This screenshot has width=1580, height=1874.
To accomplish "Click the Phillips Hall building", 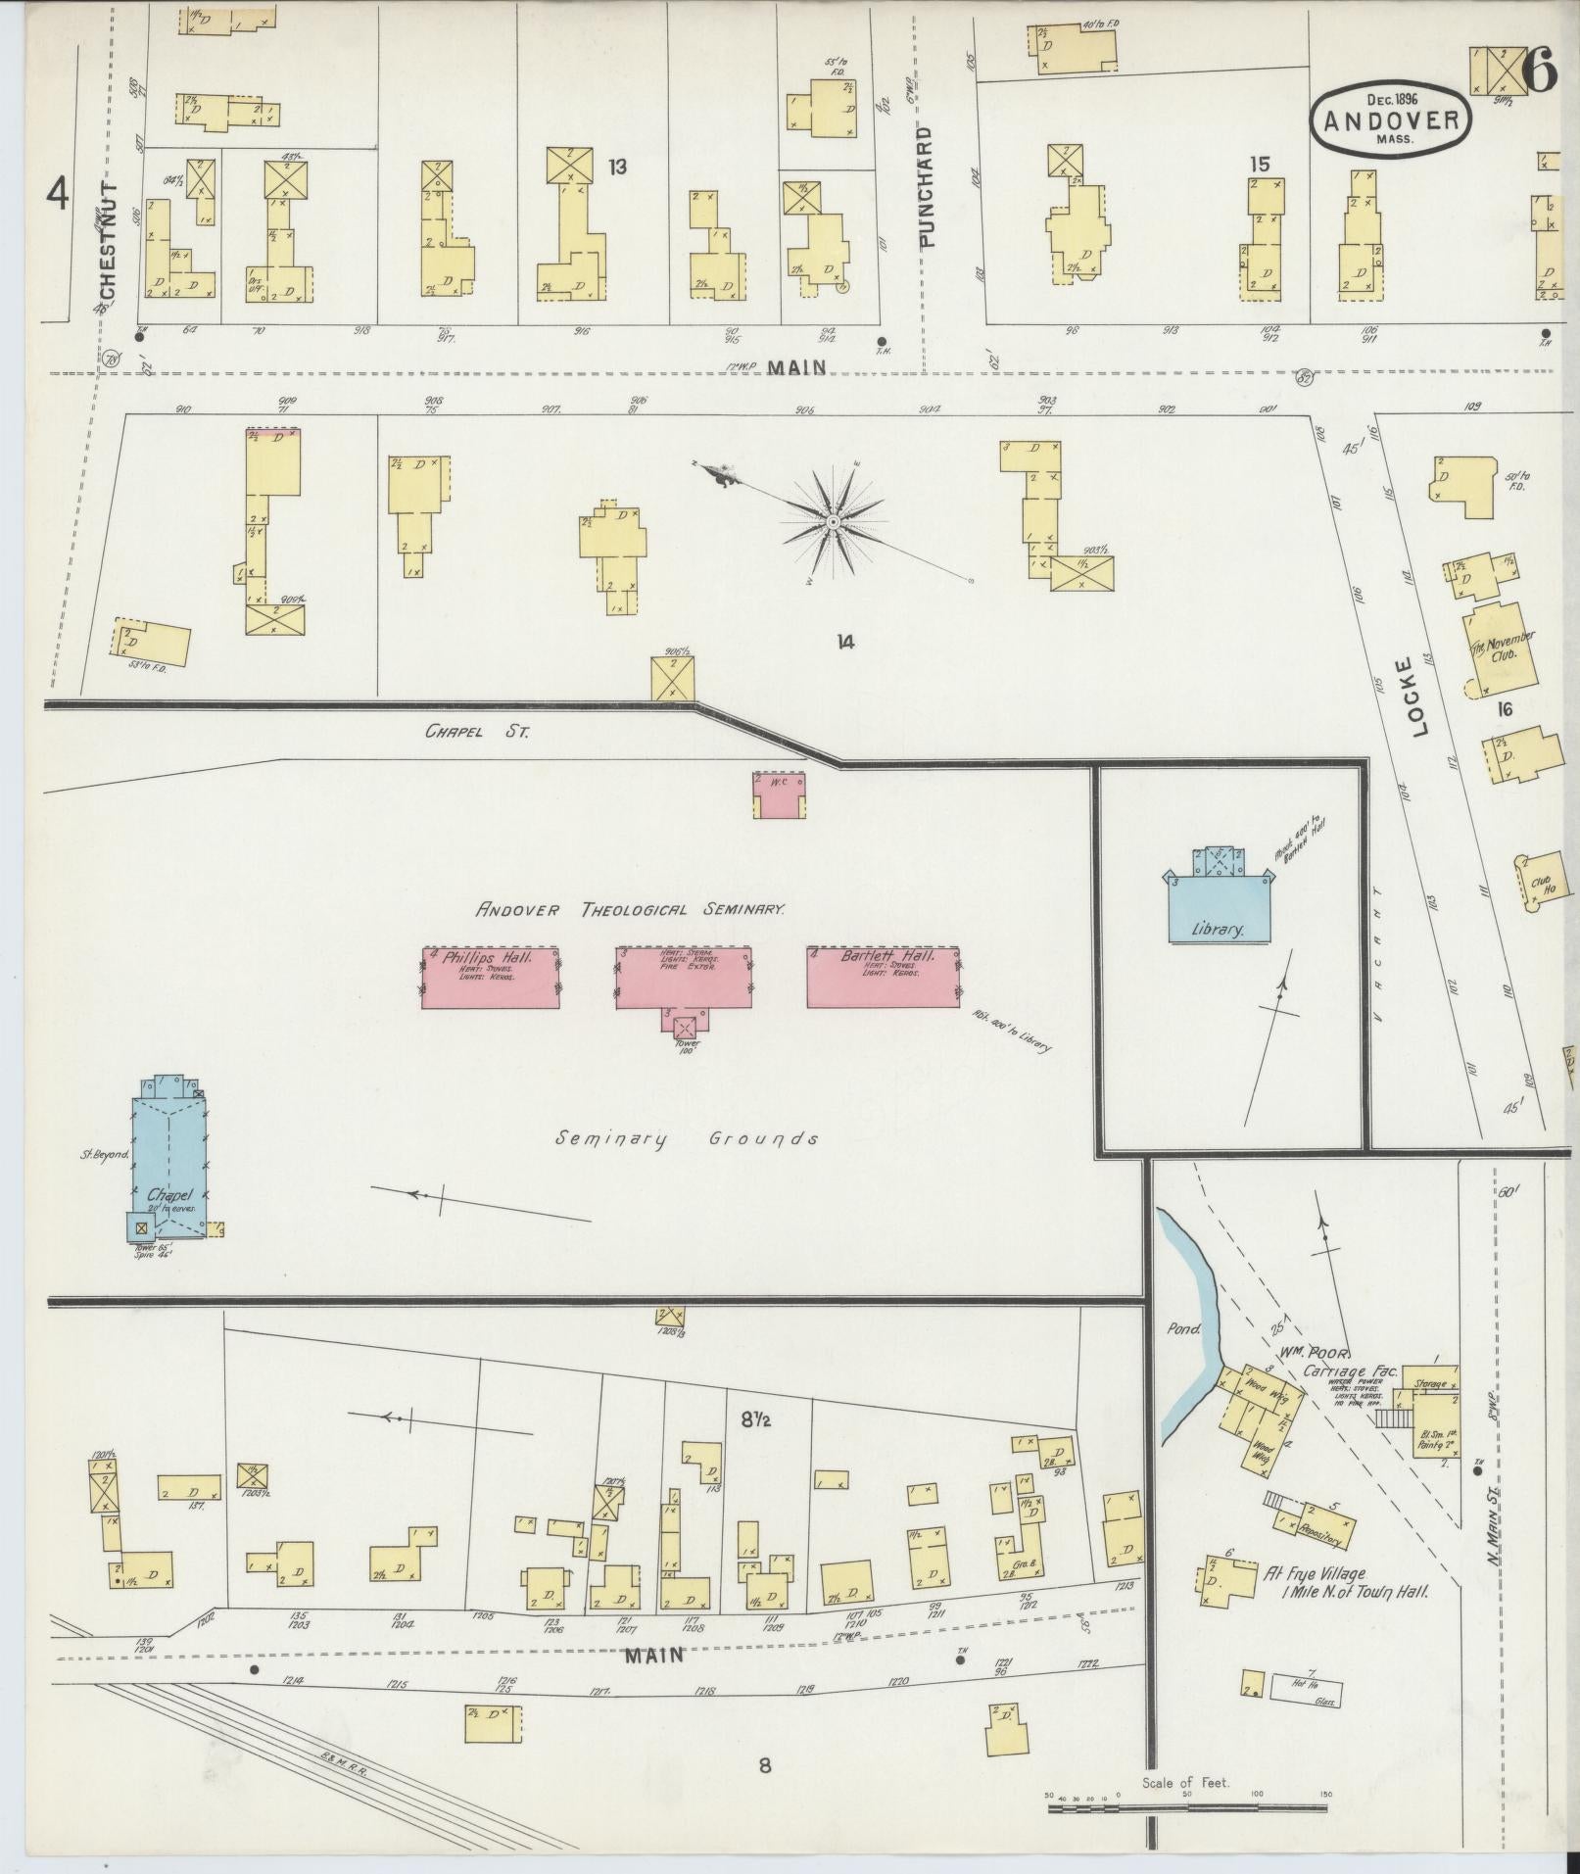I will [x=490, y=978].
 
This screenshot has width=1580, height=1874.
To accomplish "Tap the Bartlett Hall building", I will [x=883, y=978].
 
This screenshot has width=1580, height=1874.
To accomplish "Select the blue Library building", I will [x=1218, y=910].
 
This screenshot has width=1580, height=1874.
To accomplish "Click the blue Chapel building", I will [x=168, y=1162].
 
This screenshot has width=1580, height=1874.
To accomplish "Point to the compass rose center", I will [x=833, y=521].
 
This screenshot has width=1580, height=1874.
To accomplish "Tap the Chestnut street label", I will [x=108, y=240].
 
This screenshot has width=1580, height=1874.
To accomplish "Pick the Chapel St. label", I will [x=477, y=731].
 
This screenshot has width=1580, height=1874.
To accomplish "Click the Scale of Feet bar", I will [x=1185, y=1804].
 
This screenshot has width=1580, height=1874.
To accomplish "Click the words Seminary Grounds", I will [x=686, y=1138].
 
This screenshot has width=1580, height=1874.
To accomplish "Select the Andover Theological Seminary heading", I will [x=630, y=909].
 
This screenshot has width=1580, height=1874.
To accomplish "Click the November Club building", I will [x=1499, y=648].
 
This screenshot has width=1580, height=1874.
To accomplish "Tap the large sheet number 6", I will [x=1540, y=71].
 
